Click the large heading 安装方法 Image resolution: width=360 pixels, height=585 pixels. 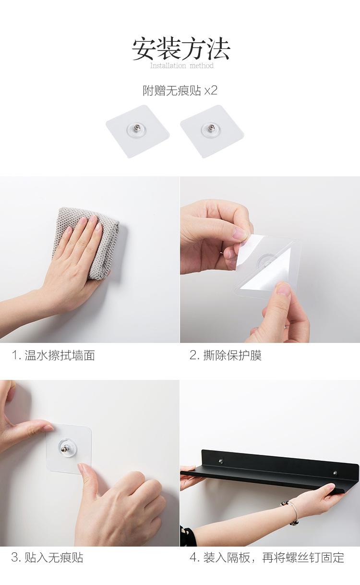coord(180,49)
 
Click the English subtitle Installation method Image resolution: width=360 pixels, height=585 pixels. coord(182,65)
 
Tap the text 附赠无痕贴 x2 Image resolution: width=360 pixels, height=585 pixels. coord(180,91)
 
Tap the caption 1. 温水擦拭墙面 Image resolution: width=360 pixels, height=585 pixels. coord(53,355)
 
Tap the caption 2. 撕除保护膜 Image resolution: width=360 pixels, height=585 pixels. coord(226,355)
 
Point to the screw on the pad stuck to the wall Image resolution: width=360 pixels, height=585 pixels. coord(64,449)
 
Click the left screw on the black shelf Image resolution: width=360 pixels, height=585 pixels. coord(221,461)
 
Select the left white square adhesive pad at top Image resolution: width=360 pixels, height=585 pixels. coord(138,132)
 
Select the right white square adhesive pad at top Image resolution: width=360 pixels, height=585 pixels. coord(212,132)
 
